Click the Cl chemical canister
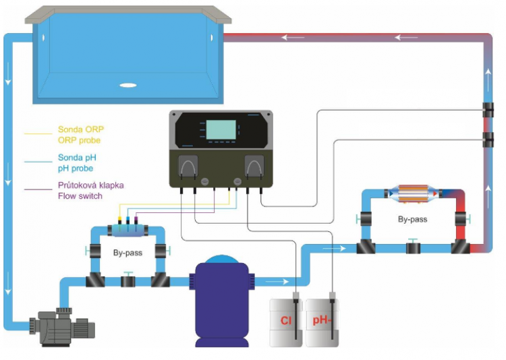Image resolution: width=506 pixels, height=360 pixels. pyautogui.click(x=285, y=322)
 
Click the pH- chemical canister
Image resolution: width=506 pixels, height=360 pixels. pyautogui.click(x=321, y=322)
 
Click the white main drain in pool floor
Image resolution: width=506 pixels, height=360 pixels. pyautogui.click(x=128, y=85)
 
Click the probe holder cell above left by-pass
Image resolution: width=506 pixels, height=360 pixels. pyautogui.click(x=128, y=231)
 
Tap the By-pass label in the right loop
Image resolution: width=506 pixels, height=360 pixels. pyautogui.click(x=413, y=219)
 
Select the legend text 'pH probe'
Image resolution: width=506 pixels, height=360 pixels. pyautogui.click(x=75, y=168)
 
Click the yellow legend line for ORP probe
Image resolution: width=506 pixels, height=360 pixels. pyautogui.click(x=37, y=133)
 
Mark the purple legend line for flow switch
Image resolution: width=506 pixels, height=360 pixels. pyautogui.click(x=37, y=190)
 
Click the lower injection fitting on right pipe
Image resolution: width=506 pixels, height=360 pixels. pyautogui.click(x=487, y=140)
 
